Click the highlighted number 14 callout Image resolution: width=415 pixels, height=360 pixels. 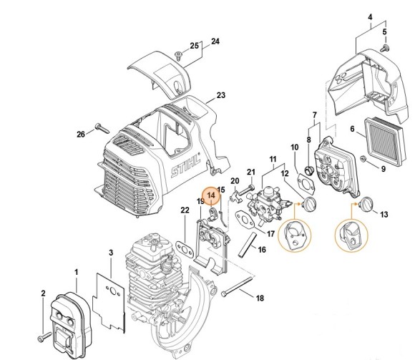point(211,193)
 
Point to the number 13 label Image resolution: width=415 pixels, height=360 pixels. point(384,214)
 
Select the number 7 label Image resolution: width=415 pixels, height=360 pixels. point(313,115)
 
